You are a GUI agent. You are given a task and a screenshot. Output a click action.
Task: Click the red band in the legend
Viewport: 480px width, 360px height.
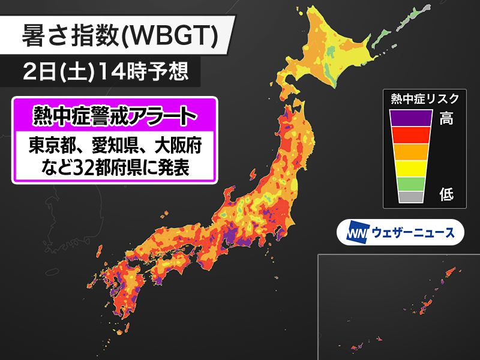[x=410, y=135]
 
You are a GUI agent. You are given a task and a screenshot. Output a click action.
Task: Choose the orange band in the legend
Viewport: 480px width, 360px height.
[x=410, y=152]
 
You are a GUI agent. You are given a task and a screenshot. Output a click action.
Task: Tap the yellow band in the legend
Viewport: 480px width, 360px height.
[x=410, y=168]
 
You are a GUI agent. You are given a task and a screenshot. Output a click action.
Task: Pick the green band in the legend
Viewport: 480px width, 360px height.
[x=410, y=183]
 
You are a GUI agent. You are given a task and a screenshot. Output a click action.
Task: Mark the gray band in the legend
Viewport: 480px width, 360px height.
[x=410, y=197]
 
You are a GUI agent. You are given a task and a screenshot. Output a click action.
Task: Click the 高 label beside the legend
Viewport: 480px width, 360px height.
[x=446, y=118]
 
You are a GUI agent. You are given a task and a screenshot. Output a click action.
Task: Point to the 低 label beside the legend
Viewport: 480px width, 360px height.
[x=446, y=194]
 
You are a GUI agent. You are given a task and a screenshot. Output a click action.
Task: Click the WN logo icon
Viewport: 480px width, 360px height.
[x=358, y=232]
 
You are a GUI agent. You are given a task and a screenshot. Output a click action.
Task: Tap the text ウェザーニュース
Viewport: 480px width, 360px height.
[x=413, y=232]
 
